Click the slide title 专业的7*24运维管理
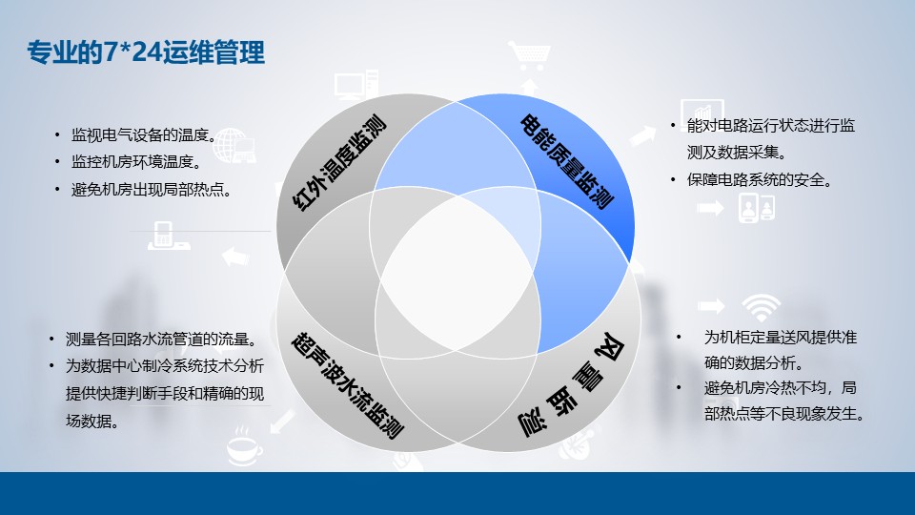pos(146,52)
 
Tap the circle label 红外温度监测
pos(339,163)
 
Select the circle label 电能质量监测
pos(566,162)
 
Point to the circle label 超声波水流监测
pos(348,385)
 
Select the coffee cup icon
pos(244,446)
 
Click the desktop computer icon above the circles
pos(356,85)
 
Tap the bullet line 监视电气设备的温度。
pos(144,135)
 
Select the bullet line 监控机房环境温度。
pos(136,162)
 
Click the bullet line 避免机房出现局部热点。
pos(152,190)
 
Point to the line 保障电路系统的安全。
pos(760,180)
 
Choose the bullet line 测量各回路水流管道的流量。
pos(161,340)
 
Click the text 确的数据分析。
pos(754,363)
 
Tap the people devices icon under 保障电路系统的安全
pos(756,208)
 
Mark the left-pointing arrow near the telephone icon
pos(235,257)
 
